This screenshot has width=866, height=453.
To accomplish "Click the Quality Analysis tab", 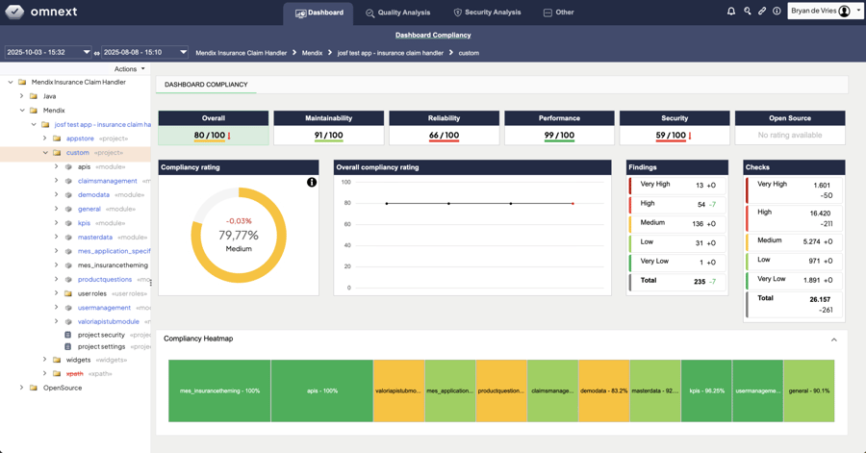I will (x=397, y=13).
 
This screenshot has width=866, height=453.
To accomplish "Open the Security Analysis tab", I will (x=487, y=13).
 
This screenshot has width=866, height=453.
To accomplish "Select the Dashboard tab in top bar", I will (x=318, y=13).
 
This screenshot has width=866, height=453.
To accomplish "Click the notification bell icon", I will (x=731, y=12).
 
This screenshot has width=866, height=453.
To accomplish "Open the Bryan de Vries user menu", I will (x=825, y=12).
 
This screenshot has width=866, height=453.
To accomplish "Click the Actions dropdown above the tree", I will (x=129, y=69).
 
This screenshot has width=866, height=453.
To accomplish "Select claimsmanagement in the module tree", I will (x=107, y=181).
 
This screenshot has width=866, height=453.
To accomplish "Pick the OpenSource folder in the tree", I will (x=63, y=388).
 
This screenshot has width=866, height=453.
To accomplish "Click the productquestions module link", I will (x=104, y=280).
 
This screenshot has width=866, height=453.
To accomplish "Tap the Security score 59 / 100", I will (x=671, y=136).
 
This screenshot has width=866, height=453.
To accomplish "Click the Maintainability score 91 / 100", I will (x=328, y=136).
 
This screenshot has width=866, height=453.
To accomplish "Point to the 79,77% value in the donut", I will (x=239, y=235).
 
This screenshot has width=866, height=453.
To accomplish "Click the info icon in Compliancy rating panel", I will (x=312, y=182).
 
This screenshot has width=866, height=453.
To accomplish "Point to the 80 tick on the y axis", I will (x=346, y=203).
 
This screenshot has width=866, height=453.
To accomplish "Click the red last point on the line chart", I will (x=573, y=203).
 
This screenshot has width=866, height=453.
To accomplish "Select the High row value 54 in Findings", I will (x=700, y=204).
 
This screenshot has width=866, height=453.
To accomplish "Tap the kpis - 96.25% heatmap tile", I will (x=706, y=391).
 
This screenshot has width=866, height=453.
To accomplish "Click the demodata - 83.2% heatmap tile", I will (x=603, y=391).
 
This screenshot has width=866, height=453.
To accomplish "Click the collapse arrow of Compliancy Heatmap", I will (x=833, y=340).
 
